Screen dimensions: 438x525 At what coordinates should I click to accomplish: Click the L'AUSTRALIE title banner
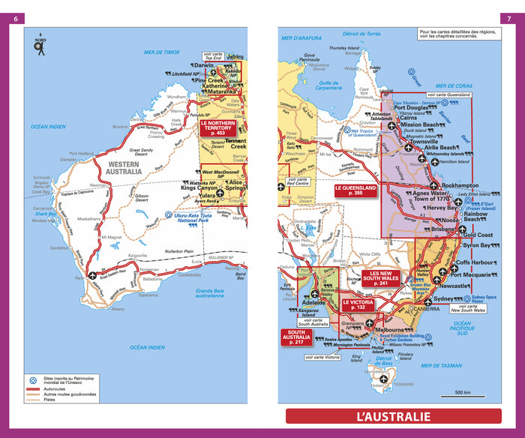(393, 416)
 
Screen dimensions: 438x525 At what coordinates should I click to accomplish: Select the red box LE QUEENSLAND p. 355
(356, 190)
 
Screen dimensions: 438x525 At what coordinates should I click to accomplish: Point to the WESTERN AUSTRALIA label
(124, 167)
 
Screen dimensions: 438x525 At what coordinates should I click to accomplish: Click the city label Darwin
(204, 65)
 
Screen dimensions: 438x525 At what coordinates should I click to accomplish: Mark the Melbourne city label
(390, 330)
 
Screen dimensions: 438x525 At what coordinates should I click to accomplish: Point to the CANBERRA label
(430, 308)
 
